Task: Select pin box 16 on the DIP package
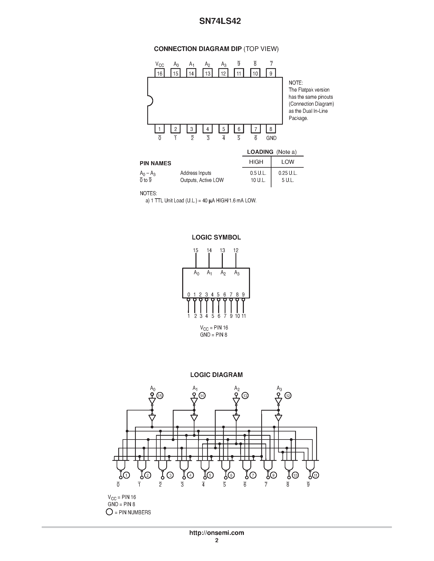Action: tap(160, 73)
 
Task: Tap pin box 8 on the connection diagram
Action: tap(271, 129)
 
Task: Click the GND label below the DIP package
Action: tap(271, 138)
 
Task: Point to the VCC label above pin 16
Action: tap(160, 64)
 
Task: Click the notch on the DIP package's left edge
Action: tap(150, 101)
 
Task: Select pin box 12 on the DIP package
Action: tap(223, 73)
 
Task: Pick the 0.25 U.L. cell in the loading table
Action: tap(288, 173)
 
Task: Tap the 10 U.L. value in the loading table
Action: tap(258, 180)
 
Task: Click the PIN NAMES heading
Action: tap(155, 163)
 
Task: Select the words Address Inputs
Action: tap(196, 173)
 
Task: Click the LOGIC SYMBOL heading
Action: tap(216, 237)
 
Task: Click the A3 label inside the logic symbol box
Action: tap(237, 273)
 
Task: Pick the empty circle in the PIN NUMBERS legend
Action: tap(109, 519)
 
